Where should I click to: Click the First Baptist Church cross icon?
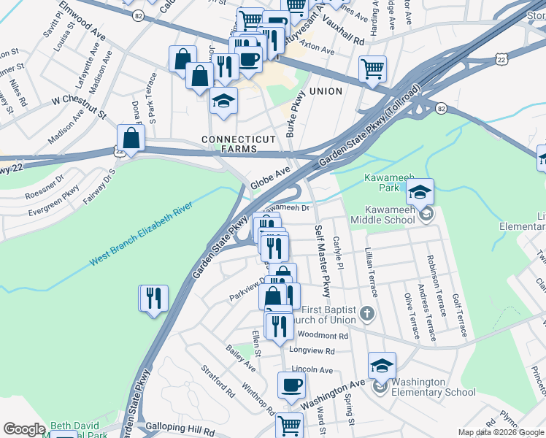(367, 315)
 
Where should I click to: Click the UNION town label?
(326, 91)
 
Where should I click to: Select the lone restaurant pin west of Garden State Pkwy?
(153, 299)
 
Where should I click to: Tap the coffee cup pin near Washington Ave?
(291, 385)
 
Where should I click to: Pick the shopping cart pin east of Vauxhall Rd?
(372, 69)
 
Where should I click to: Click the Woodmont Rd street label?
(323, 336)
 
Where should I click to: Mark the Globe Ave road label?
(271, 178)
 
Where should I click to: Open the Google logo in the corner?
(24, 429)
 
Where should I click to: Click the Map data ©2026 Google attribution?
(501, 432)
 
